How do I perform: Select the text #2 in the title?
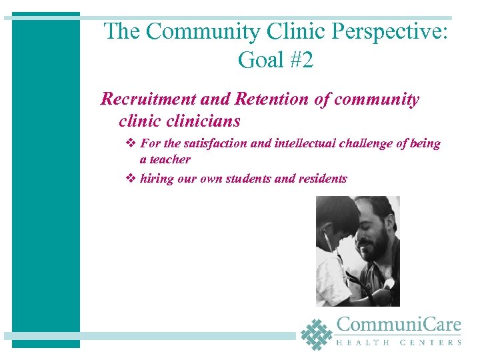click(x=299, y=61)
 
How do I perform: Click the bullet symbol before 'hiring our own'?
click(x=131, y=179)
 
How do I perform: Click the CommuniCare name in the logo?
click(x=399, y=325)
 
